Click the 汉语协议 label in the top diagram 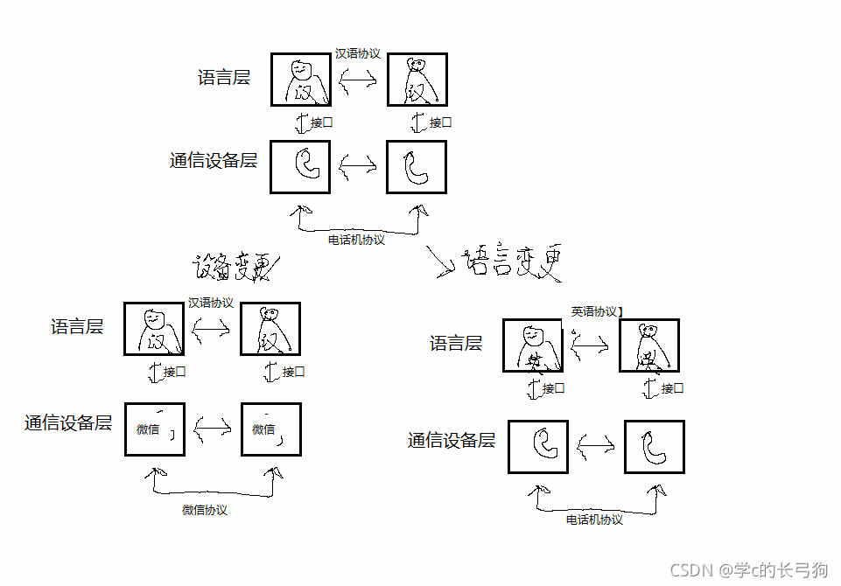point(357,53)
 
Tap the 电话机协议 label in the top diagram point(356,240)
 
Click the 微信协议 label point(205,510)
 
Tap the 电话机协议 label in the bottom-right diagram point(594,520)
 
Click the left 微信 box point(155,429)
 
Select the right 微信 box point(271,429)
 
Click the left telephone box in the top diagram point(300,167)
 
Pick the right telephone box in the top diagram point(417,167)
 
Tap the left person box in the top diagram point(300,80)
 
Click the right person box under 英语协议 point(648,345)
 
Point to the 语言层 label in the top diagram point(224,77)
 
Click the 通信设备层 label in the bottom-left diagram point(68,423)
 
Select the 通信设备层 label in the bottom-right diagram point(452,440)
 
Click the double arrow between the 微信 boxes point(213,429)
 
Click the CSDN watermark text point(749,570)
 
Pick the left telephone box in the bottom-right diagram point(538,447)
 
